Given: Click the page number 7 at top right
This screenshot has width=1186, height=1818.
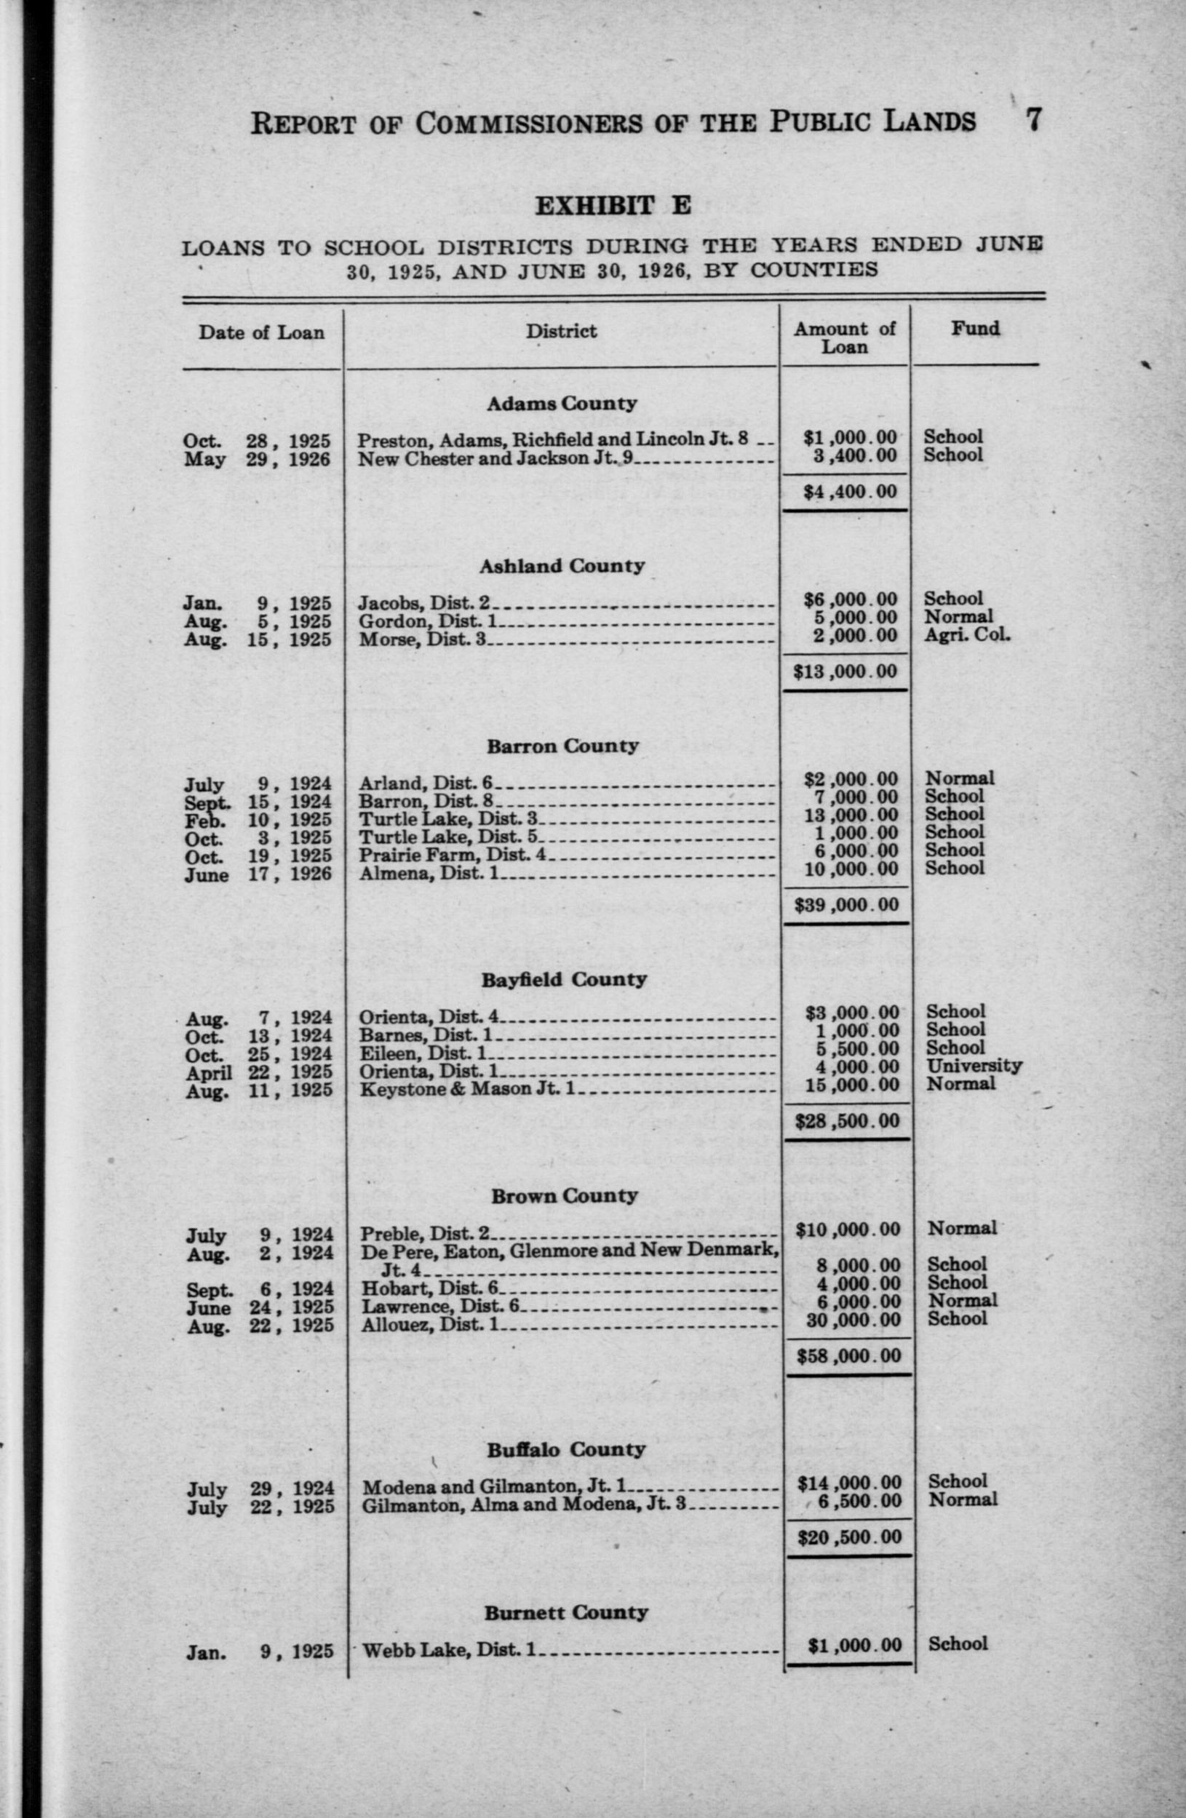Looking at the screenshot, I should point(1032,120).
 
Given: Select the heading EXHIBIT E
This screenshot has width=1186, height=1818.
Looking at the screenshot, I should point(612,205).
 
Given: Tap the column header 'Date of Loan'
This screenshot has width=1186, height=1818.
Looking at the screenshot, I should point(261,332).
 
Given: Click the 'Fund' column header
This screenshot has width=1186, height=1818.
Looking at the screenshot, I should point(974,329).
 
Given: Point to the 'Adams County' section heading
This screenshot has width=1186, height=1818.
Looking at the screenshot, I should point(562,403).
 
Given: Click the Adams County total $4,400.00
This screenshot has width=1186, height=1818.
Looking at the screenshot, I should point(850,491).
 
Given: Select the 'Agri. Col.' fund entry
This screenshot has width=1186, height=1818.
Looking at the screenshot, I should point(966,634).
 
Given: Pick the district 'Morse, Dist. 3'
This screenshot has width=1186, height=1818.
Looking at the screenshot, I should point(423,639).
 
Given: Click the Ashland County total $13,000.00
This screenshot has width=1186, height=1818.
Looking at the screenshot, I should point(845,671).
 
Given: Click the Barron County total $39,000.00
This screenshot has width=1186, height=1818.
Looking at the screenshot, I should point(846,905).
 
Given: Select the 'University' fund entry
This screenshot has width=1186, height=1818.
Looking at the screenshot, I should point(974,1066).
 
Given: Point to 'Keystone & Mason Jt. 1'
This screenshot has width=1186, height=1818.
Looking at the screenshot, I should point(467,1088).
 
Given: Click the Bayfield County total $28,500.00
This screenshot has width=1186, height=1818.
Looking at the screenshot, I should point(847,1121).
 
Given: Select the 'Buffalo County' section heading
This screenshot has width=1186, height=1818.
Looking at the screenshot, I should point(566,1450).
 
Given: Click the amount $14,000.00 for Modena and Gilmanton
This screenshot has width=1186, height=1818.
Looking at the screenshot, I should point(849,1483).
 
